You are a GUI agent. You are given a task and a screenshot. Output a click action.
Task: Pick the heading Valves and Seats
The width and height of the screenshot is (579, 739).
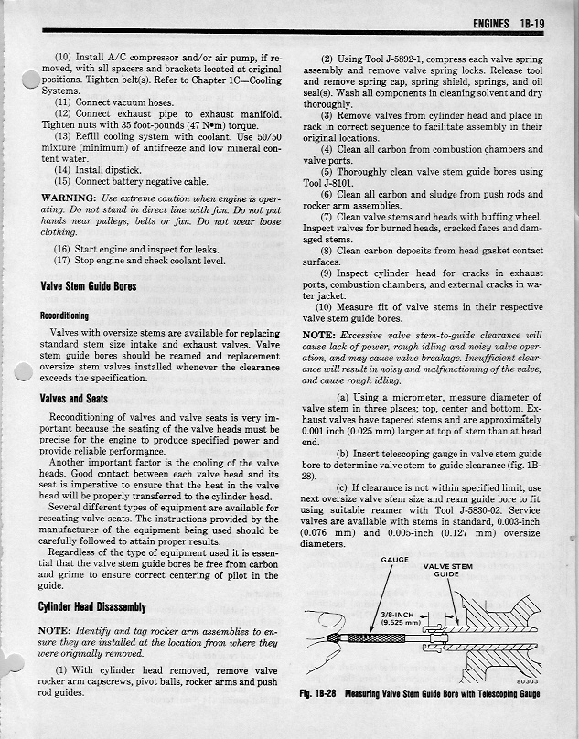(73, 399)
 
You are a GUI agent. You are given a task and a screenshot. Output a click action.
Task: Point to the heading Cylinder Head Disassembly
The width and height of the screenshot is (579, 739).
(93, 607)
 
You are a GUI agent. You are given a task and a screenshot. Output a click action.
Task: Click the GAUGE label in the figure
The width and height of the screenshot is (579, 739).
(393, 560)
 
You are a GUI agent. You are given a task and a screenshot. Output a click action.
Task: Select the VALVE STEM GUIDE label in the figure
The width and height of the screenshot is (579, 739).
(446, 571)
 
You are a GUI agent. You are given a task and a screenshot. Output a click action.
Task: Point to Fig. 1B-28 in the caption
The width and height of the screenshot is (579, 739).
(318, 694)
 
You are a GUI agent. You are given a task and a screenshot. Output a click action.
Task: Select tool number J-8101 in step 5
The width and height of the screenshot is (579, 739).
(326, 183)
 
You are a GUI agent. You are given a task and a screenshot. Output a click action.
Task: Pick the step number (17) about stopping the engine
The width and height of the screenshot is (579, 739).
(63, 260)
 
